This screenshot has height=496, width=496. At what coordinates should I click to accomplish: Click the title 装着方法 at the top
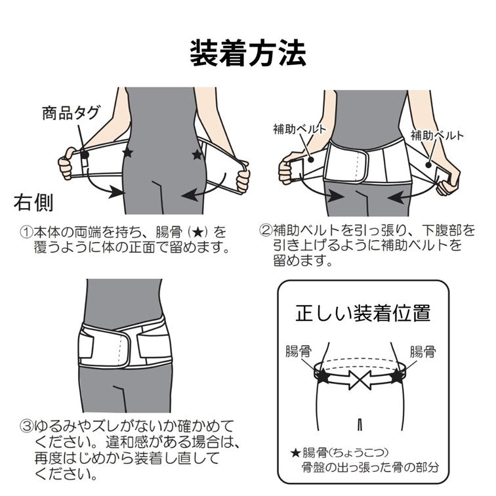coord(247,53)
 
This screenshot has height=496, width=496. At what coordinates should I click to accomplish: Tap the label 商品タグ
coord(71,112)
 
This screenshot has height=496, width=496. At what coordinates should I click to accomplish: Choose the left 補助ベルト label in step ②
coord(299,129)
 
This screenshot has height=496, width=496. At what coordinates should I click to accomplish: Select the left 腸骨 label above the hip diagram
coord(299,351)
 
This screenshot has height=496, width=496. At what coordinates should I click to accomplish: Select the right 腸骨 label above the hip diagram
coord(423,351)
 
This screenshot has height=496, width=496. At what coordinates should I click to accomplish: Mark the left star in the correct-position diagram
coord(323,377)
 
